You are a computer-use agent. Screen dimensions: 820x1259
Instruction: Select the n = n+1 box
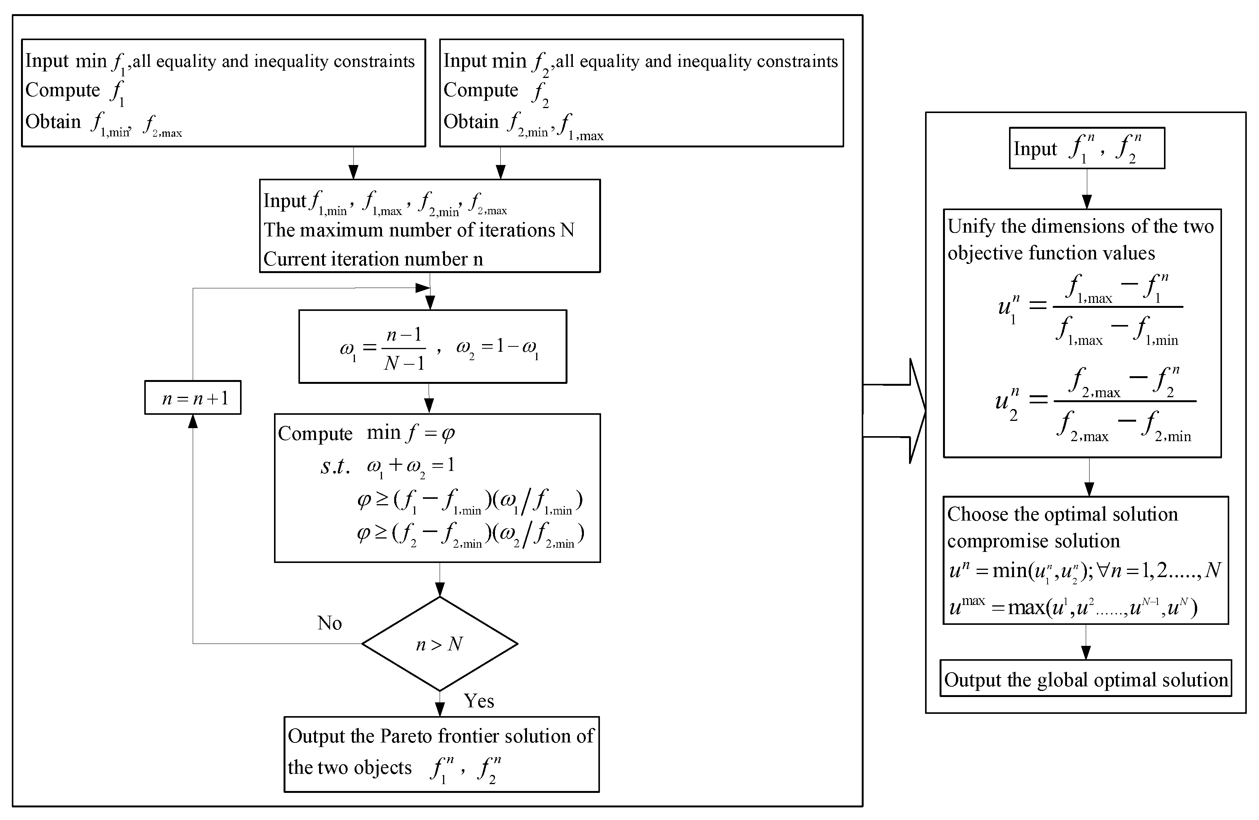193,398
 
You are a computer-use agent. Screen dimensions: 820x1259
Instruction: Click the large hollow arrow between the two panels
899,411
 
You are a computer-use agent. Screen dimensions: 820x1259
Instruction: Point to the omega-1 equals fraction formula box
433,347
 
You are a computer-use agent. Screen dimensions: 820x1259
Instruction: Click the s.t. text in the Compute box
335,466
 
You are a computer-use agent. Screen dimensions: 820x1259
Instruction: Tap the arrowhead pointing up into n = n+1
193,421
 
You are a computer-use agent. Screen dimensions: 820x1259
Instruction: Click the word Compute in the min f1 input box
63,90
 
